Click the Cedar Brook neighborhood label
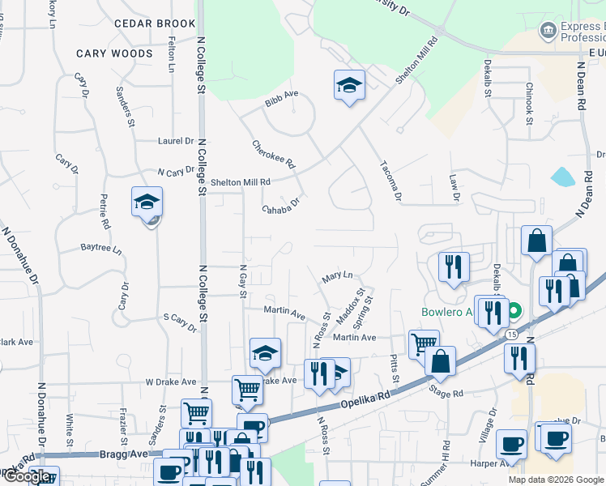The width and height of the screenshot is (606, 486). point(155,23)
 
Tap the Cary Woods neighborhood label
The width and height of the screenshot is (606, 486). point(114,53)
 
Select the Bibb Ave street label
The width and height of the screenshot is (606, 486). point(282,95)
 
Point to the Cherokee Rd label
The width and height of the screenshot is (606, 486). point(274,151)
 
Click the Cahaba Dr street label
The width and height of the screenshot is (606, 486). point(280,207)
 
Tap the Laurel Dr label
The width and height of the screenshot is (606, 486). point(176,140)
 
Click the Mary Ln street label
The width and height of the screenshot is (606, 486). point(338,276)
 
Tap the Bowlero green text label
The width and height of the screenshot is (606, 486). point(446,313)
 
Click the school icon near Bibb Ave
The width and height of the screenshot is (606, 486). point(349,85)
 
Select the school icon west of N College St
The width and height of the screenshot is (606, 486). point(147,202)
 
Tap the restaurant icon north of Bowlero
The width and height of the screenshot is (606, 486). point(453,267)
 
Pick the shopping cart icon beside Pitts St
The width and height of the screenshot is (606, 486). point(423,344)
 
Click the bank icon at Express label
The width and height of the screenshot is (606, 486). point(548,32)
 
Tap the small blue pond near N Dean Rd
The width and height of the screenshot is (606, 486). point(561,177)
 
